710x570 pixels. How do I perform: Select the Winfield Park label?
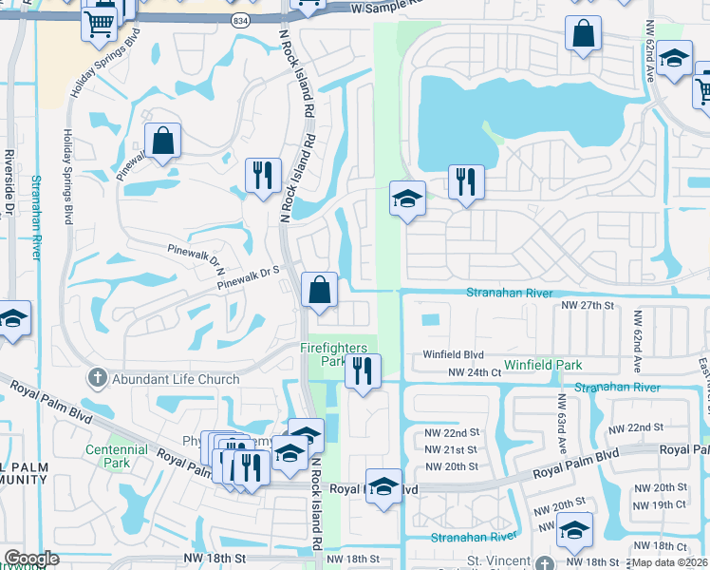pos(542,365)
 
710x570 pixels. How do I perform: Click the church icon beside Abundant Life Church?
pos(96,379)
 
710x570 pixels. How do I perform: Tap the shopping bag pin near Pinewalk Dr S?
pos(320,290)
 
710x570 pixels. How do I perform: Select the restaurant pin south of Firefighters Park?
pos(363,371)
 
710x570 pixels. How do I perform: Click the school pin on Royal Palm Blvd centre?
pos(383,487)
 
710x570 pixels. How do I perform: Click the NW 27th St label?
pos(589,306)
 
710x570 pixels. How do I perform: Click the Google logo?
pos(31,559)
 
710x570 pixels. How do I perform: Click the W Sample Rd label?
pos(385,7)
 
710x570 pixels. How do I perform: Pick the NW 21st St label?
pos(450,448)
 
